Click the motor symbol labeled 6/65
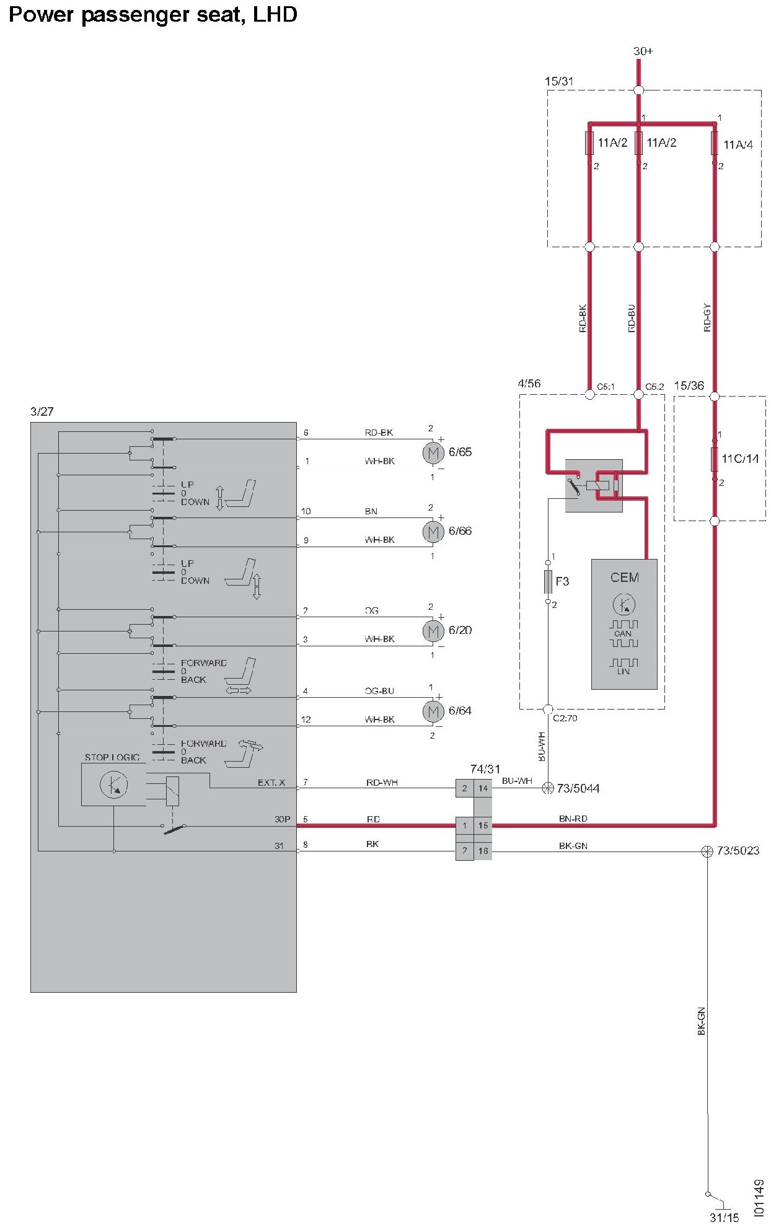pos(433,453)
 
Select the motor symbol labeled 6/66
pos(433,532)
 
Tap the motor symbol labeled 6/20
pos(433,631)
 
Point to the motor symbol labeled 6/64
pos(433,711)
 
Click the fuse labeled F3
pos(548,581)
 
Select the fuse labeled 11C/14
pos(715,459)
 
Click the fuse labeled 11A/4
pos(715,143)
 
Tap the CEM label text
pos(624,578)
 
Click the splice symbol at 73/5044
pos(548,788)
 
